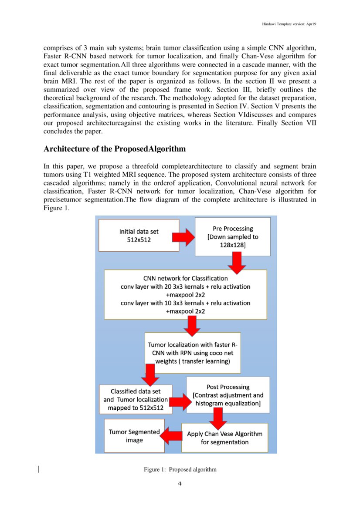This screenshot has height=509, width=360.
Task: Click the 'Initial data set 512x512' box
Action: [x=139, y=235]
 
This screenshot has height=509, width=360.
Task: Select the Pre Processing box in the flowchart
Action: [x=232, y=237]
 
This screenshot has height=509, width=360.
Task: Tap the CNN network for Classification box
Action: [x=185, y=294]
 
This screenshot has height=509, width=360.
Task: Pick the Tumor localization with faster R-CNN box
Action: [x=193, y=353]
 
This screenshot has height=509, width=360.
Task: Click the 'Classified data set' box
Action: [x=136, y=399]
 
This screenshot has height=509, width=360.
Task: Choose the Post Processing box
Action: [x=228, y=395]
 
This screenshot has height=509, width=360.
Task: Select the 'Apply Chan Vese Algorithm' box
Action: [x=224, y=438]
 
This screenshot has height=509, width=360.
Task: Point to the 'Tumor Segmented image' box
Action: [x=134, y=436]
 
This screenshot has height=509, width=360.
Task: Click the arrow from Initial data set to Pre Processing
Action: [x=183, y=236]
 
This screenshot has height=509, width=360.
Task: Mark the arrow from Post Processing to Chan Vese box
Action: [x=218, y=418]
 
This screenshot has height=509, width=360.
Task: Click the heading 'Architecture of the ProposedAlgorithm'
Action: [x=115, y=149]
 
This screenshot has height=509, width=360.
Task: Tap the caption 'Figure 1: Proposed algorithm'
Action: [x=180, y=469]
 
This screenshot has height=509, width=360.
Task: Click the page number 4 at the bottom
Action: [x=180, y=484]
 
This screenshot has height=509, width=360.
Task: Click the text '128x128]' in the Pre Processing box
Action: [x=232, y=246]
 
